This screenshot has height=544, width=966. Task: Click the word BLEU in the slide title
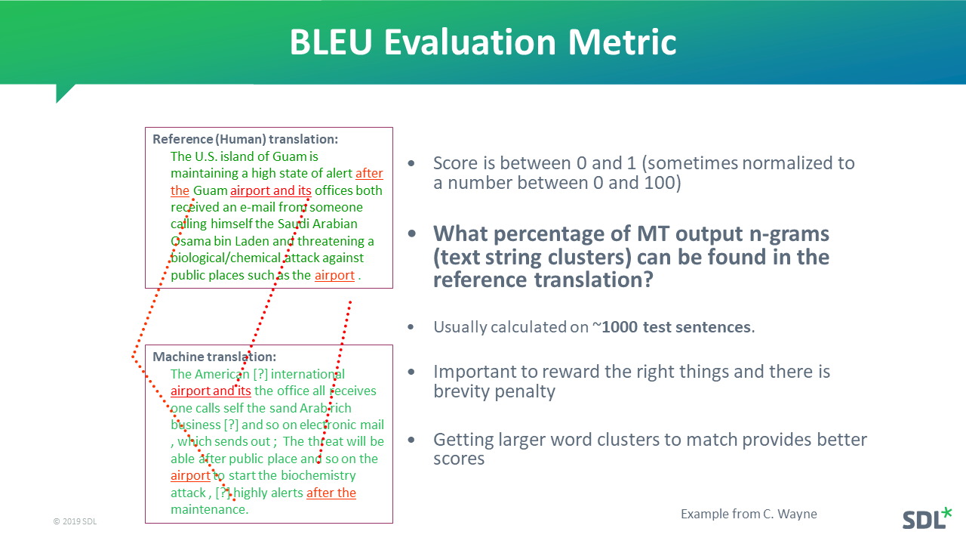point(331,42)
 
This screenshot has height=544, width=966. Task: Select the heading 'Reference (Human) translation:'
point(245,139)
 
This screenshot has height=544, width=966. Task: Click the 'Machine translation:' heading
point(214,357)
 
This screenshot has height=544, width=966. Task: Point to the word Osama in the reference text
point(190,241)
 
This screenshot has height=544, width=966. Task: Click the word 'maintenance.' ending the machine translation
point(209,509)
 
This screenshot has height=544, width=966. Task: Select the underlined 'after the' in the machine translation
point(331,493)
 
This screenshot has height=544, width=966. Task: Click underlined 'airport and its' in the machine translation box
point(211,391)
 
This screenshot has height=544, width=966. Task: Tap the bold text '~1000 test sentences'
point(676,327)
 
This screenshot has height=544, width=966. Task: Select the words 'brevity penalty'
point(494,391)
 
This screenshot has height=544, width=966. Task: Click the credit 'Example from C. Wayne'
point(748,514)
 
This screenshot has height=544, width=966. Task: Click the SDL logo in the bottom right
point(926,518)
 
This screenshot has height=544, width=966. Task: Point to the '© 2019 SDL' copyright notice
point(75,521)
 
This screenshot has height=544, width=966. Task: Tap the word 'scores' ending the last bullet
point(458,459)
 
